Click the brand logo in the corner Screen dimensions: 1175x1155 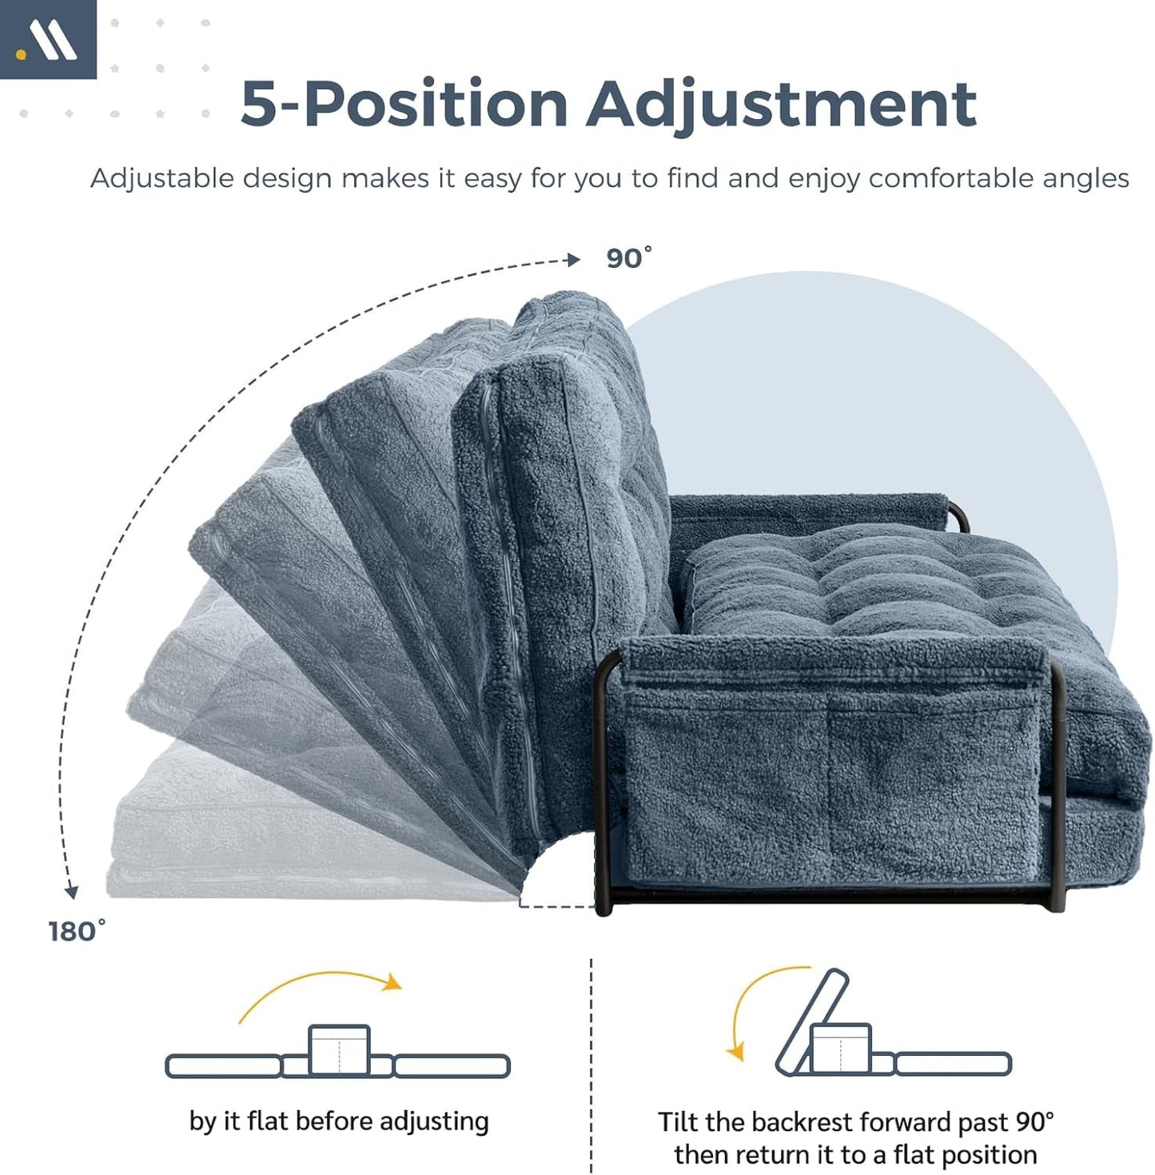pos(47,39)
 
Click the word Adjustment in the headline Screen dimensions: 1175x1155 pos(781,104)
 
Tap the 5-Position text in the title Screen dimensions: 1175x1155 pos(404,104)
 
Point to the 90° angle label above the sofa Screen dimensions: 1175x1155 pos(628,258)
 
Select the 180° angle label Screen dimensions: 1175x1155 pos(76,931)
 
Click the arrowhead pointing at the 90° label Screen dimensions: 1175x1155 pos(572,260)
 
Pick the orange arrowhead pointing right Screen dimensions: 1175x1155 pos(392,982)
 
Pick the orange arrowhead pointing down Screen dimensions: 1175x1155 pos(735,1052)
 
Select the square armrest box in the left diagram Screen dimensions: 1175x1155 pos(340,1050)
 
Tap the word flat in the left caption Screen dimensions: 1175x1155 pos(267,1121)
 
